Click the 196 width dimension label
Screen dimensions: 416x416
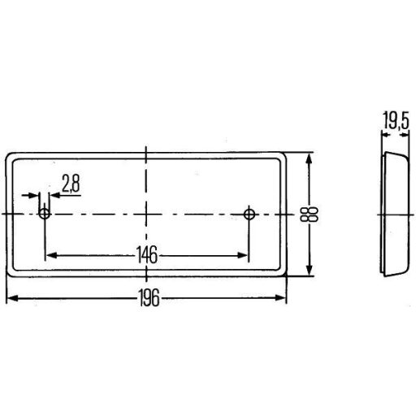click(x=149, y=297)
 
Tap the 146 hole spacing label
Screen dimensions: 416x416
click(x=147, y=255)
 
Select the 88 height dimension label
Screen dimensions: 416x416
click(x=309, y=214)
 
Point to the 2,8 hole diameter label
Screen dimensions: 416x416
click(x=71, y=183)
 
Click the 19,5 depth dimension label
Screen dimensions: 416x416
click(x=396, y=120)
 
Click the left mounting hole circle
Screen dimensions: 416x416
click(x=45, y=214)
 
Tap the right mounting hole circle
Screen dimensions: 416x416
click(x=249, y=214)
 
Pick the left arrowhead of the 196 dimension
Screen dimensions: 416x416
click(x=12, y=298)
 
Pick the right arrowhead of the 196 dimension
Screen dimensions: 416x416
click(x=280, y=298)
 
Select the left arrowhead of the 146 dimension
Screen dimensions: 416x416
click(x=51, y=255)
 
